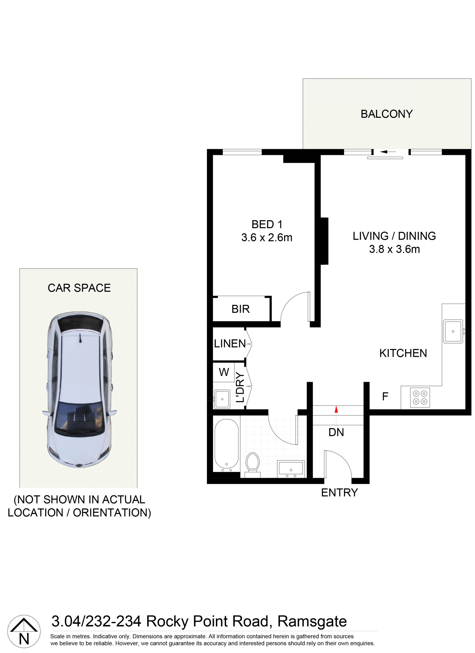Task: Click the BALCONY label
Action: pos(386,114)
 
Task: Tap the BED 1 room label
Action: pos(267,224)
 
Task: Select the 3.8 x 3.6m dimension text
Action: pos(394,249)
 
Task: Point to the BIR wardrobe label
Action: pos(240,309)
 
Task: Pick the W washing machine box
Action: pos(224,372)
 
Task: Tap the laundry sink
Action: pos(222,399)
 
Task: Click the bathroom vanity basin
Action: pos(290,468)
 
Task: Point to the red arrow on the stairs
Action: pos(336,409)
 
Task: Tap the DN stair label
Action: pos(336,432)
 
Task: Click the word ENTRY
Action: pos(339,493)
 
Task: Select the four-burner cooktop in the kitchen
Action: pos(420,397)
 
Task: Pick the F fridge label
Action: pos(385,397)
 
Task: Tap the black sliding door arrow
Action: pos(387,152)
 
